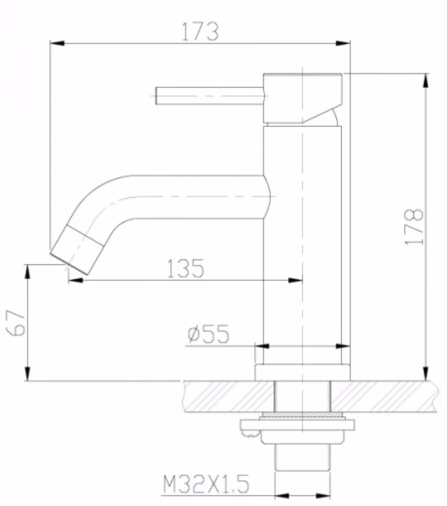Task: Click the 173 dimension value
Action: click(200, 32)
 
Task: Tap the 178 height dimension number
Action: click(414, 226)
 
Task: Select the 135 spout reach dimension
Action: click(186, 268)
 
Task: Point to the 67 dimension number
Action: click(15, 323)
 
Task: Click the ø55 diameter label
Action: click(209, 334)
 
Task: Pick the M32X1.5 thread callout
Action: click(206, 484)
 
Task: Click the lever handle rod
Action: click(209, 95)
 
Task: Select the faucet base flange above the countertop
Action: click(302, 373)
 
